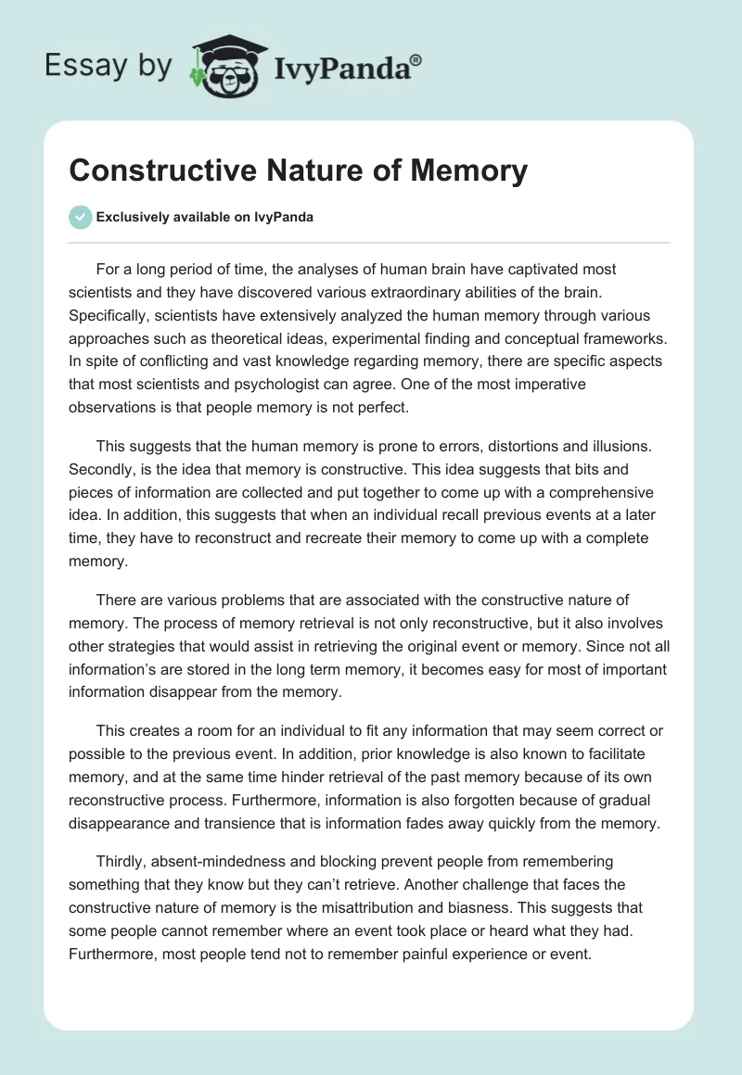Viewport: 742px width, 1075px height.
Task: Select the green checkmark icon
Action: pos(80,217)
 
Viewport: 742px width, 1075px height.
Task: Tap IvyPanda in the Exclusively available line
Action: pos(284,218)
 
